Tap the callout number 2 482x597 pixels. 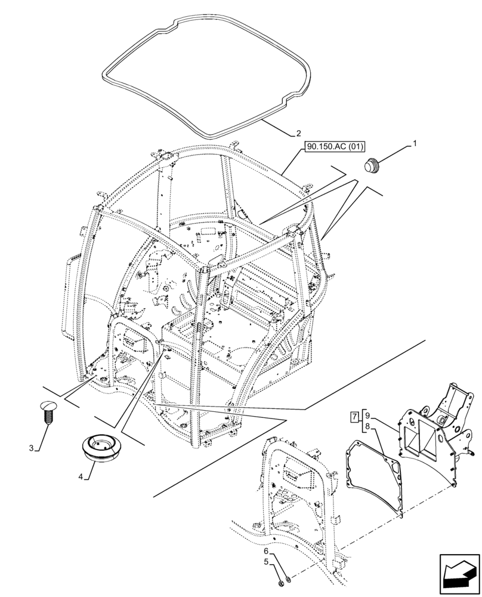(298, 133)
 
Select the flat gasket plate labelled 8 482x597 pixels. (373, 472)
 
